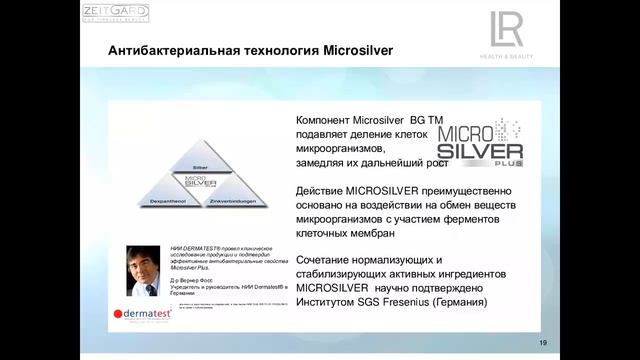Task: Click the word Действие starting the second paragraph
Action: click(x=320, y=190)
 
